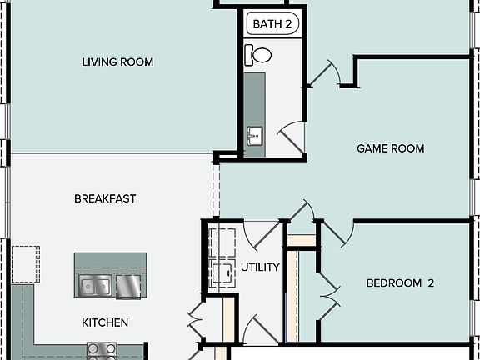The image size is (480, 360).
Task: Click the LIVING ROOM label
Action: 117,62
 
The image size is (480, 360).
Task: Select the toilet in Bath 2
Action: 258,56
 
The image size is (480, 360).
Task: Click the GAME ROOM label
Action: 390,148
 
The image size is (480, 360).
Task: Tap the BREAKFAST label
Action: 105,198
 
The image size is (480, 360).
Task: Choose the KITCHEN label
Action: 104,322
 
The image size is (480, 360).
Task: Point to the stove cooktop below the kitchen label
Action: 101,351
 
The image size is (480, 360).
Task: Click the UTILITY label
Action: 259,267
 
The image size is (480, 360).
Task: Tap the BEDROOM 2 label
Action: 401,282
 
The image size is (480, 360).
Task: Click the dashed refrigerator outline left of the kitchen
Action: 25,262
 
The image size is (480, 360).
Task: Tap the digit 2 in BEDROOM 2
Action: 431,282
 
